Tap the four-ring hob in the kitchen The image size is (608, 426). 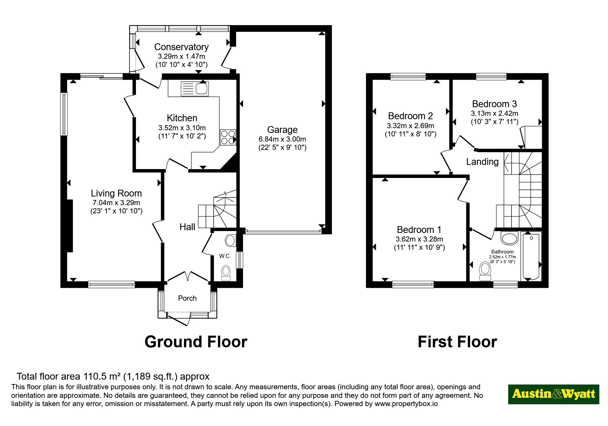tap(228, 137)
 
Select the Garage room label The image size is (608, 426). tap(282, 130)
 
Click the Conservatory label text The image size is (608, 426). tap(181, 47)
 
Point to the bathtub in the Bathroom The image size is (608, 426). tap(531, 256)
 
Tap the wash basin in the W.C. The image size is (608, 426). tap(231, 240)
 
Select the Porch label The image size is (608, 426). tap(187, 298)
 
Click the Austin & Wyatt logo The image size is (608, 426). tap(553, 394)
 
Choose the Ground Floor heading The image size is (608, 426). tap(196, 342)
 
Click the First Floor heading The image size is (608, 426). tap(457, 342)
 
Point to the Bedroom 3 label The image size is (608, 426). tap(494, 104)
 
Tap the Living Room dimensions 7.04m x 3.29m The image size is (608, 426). tap(116, 203)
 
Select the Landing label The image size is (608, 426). tap(482, 161)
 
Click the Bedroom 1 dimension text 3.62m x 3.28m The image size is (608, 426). tap(419, 239)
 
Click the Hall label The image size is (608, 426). tap(187, 227)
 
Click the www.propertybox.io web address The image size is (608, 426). tap(406, 404)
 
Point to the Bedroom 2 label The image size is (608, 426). tap(410, 116)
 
